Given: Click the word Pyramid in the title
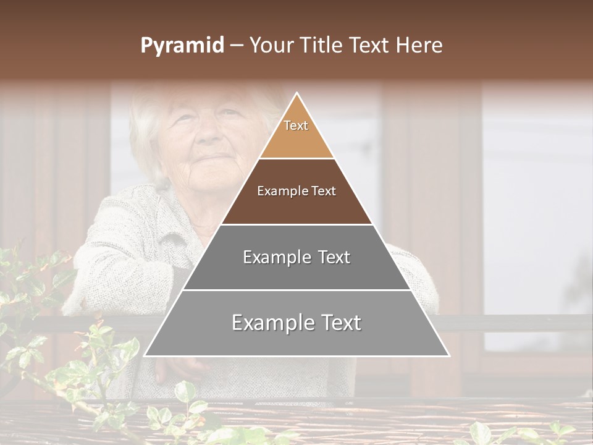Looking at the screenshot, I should [x=182, y=46].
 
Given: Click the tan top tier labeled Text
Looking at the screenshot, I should [x=296, y=133].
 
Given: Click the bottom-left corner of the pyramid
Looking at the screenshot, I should [x=145, y=355].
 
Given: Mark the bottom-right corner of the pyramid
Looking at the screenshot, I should [x=448, y=355].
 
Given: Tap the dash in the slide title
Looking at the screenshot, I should [x=236, y=46].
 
